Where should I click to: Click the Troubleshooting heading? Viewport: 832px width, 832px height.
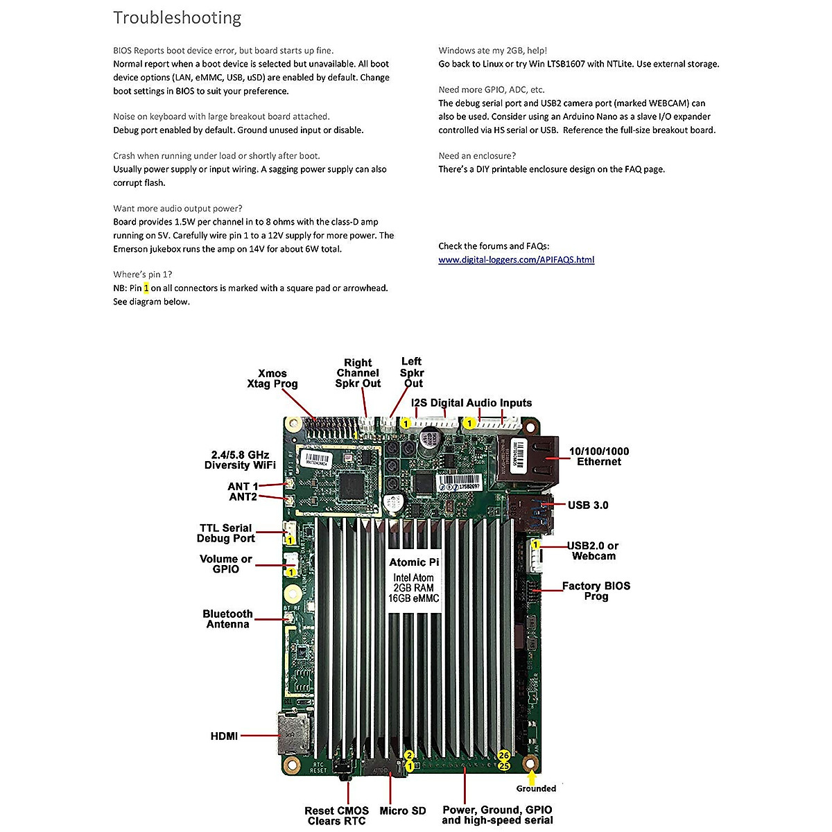(x=177, y=18)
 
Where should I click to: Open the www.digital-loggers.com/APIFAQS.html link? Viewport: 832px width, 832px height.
(x=516, y=260)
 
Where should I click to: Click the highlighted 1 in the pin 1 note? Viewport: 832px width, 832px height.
(x=146, y=288)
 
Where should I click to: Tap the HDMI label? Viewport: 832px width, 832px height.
(x=224, y=736)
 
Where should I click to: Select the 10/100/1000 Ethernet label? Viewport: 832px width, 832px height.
(x=599, y=456)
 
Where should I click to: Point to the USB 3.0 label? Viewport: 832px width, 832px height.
(x=588, y=505)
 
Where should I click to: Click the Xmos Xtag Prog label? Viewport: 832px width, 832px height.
(x=272, y=379)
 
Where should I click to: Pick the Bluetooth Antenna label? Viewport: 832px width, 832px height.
(x=227, y=619)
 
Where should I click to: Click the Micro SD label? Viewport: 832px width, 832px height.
(x=403, y=811)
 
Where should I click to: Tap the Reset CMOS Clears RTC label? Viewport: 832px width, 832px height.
(x=336, y=816)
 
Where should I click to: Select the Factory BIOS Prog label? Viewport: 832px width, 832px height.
(x=596, y=591)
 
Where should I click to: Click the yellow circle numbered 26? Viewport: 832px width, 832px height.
(x=504, y=755)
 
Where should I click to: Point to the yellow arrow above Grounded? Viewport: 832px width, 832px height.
(x=532, y=777)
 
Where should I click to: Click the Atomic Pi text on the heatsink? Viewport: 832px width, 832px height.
(x=414, y=562)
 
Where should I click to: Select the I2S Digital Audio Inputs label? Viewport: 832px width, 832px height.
(x=471, y=403)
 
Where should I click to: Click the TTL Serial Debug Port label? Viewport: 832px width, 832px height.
(x=226, y=533)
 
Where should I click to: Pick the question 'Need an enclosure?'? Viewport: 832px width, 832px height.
(x=477, y=156)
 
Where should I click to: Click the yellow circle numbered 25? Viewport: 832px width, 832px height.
(x=504, y=766)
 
